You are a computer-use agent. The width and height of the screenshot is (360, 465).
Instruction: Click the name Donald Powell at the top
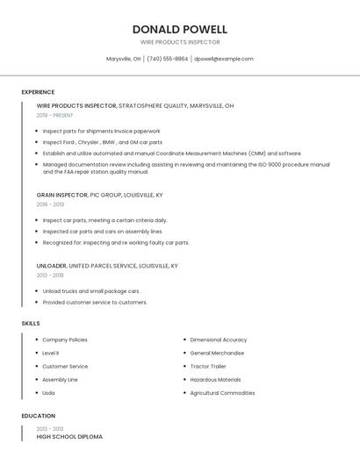pos(180,29)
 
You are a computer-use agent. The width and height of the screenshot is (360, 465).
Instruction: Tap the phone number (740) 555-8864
pos(167,59)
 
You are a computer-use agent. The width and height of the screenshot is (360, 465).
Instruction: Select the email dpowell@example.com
pos(224,59)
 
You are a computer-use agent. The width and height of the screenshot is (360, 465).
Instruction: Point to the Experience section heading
pos(38,92)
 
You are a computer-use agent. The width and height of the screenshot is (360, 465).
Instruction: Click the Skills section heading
pos(31,324)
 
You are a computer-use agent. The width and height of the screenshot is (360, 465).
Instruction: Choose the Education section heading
pos(39,416)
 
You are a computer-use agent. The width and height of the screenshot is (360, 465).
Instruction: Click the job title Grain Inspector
pos(62,195)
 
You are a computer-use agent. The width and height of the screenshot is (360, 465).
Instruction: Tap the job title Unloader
pos(51,265)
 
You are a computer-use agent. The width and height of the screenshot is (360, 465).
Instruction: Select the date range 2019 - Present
pos(55,115)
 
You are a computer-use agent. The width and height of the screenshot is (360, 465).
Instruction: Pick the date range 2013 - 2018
pos(49,275)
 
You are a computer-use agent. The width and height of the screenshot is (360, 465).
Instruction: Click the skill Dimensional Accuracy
pos(219,340)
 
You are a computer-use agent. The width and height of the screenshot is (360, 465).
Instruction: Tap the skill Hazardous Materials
pos(215,380)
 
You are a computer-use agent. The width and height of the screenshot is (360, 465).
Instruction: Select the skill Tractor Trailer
pos(208,367)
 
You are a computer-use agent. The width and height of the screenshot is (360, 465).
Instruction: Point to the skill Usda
pos(48,393)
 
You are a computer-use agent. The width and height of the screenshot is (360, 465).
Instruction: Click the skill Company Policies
pos(65,340)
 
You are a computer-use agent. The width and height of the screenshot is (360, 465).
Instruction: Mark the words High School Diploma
pos(69,436)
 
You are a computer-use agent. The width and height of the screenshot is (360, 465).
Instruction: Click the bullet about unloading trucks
pos(91,290)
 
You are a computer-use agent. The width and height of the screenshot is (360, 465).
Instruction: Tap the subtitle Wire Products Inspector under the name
pos(180,42)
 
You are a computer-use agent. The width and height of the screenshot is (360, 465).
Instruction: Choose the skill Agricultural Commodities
pos(222,393)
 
